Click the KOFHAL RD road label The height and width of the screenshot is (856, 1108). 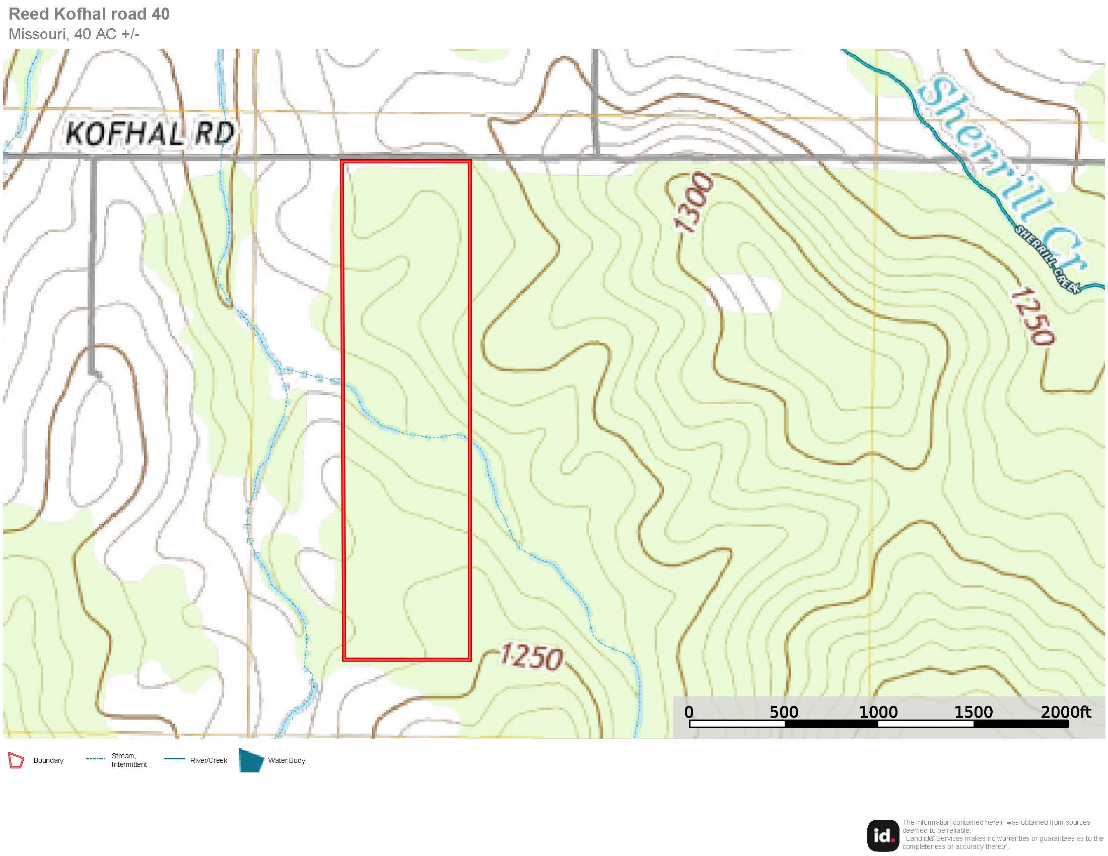click(150, 133)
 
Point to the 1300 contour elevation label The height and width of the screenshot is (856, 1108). click(693, 202)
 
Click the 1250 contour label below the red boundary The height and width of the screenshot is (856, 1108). click(532, 657)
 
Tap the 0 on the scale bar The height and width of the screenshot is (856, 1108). click(688, 712)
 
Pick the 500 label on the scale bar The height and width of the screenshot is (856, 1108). click(784, 712)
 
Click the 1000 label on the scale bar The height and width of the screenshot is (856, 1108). click(878, 712)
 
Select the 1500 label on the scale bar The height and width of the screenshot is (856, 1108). click(973, 712)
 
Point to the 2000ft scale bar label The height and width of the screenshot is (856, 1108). click(1065, 712)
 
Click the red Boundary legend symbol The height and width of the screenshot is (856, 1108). click(16, 761)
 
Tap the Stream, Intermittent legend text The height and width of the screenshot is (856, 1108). click(129, 760)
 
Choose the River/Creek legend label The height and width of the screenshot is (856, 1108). click(209, 760)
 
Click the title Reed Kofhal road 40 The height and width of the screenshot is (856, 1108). click(89, 14)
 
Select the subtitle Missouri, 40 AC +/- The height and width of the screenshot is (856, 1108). click(74, 34)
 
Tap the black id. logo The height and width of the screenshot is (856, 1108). click(883, 836)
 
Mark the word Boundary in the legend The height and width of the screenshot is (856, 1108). click(48, 761)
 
